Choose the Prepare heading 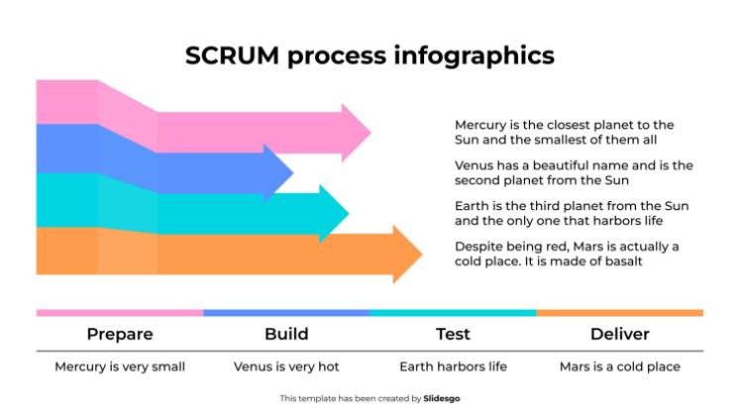click(119, 334)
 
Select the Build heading click(286, 334)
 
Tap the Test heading click(453, 334)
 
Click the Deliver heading click(620, 334)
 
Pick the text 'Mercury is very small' click(119, 366)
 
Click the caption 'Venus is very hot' click(286, 366)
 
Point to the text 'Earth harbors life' click(453, 366)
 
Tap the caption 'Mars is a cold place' click(620, 366)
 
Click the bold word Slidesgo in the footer click(442, 398)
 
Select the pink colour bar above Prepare click(119, 313)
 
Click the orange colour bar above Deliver click(620, 313)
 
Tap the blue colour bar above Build click(286, 313)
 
